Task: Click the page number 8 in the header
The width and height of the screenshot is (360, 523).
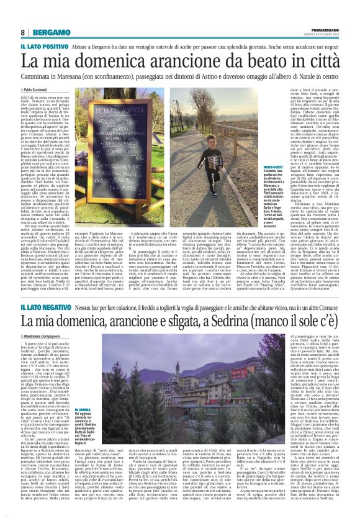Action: coord(22,31)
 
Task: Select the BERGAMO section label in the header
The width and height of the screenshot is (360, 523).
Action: coord(49,32)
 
